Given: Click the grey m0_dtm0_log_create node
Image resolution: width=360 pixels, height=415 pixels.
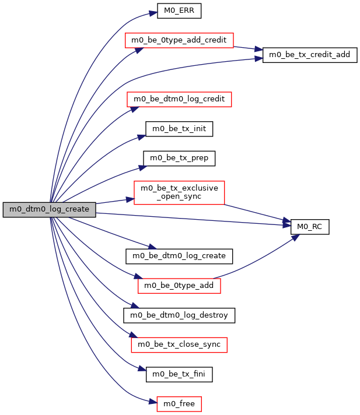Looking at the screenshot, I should (49, 209).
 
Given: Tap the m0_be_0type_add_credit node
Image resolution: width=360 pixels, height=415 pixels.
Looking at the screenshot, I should (180, 40).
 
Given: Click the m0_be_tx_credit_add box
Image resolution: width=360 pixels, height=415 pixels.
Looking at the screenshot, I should (310, 55).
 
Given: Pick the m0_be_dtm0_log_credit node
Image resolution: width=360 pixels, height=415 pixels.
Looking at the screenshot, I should (180, 99).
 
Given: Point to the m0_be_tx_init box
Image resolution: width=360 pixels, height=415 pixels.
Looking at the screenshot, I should (179, 128).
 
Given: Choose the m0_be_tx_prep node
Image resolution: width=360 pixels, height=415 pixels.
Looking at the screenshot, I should (180, 158).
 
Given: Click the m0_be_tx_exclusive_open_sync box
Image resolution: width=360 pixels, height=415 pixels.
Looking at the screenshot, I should (180, 192).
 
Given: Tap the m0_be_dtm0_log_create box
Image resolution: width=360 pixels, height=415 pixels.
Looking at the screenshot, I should (180, 255).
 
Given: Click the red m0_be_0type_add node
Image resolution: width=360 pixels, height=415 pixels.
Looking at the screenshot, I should (180, 286).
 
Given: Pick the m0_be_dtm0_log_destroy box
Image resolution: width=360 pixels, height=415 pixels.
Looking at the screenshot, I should (180, 315).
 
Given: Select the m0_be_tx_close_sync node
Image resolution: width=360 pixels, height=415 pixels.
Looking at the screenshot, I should (180, 344).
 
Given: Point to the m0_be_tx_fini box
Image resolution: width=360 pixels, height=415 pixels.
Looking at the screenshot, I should (179, 374).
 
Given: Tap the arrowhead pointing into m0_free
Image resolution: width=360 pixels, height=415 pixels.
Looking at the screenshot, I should (153, 402).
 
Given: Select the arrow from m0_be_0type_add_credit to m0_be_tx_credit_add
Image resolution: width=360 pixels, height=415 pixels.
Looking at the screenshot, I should (249, 48).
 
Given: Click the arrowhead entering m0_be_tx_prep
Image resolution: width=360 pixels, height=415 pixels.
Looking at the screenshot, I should (141, 167).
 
